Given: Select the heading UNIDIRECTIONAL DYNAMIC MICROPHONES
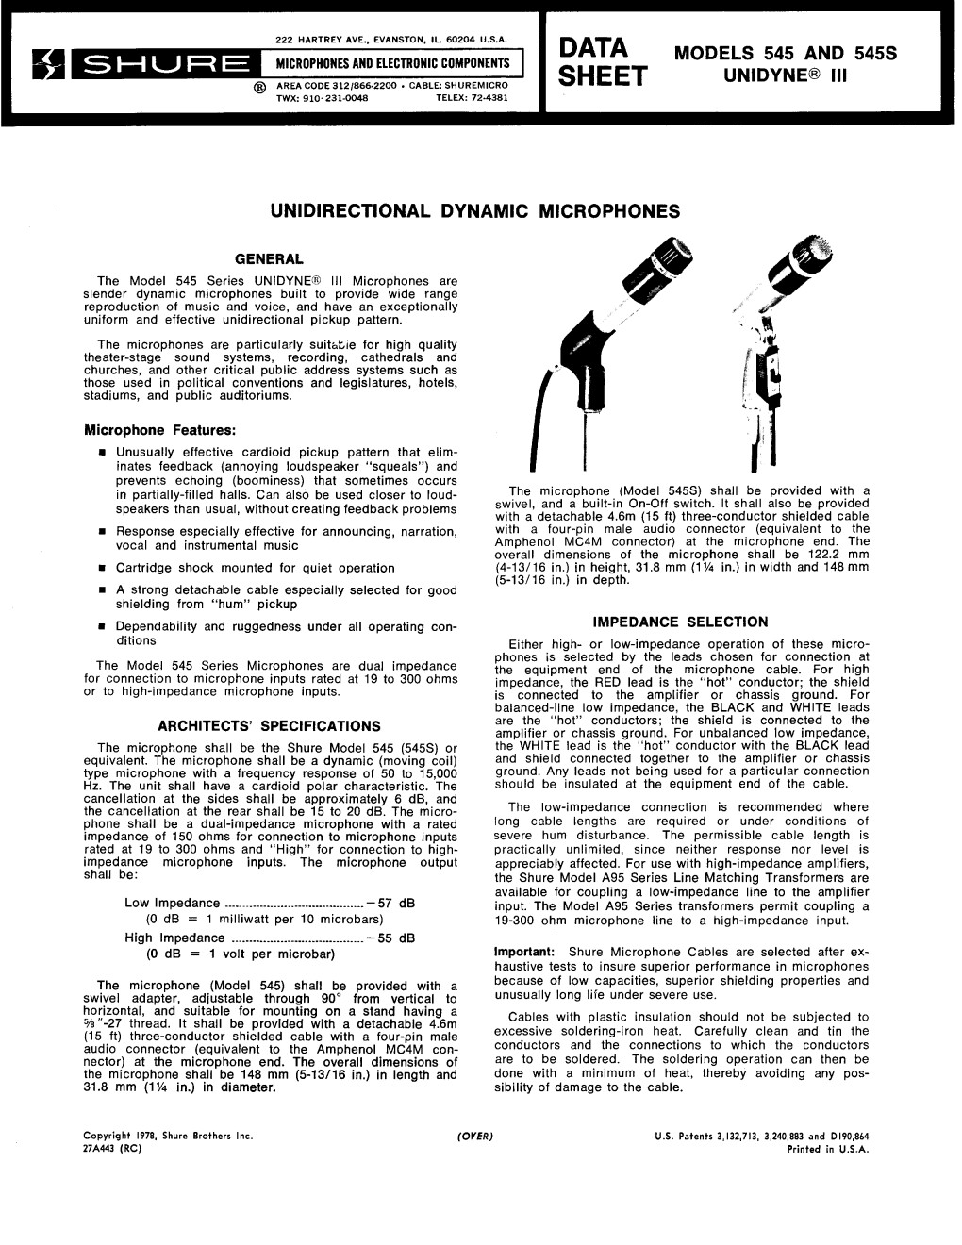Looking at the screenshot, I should [x=475, y=211].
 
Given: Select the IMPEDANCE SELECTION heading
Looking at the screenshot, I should [x=680, y=622].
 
